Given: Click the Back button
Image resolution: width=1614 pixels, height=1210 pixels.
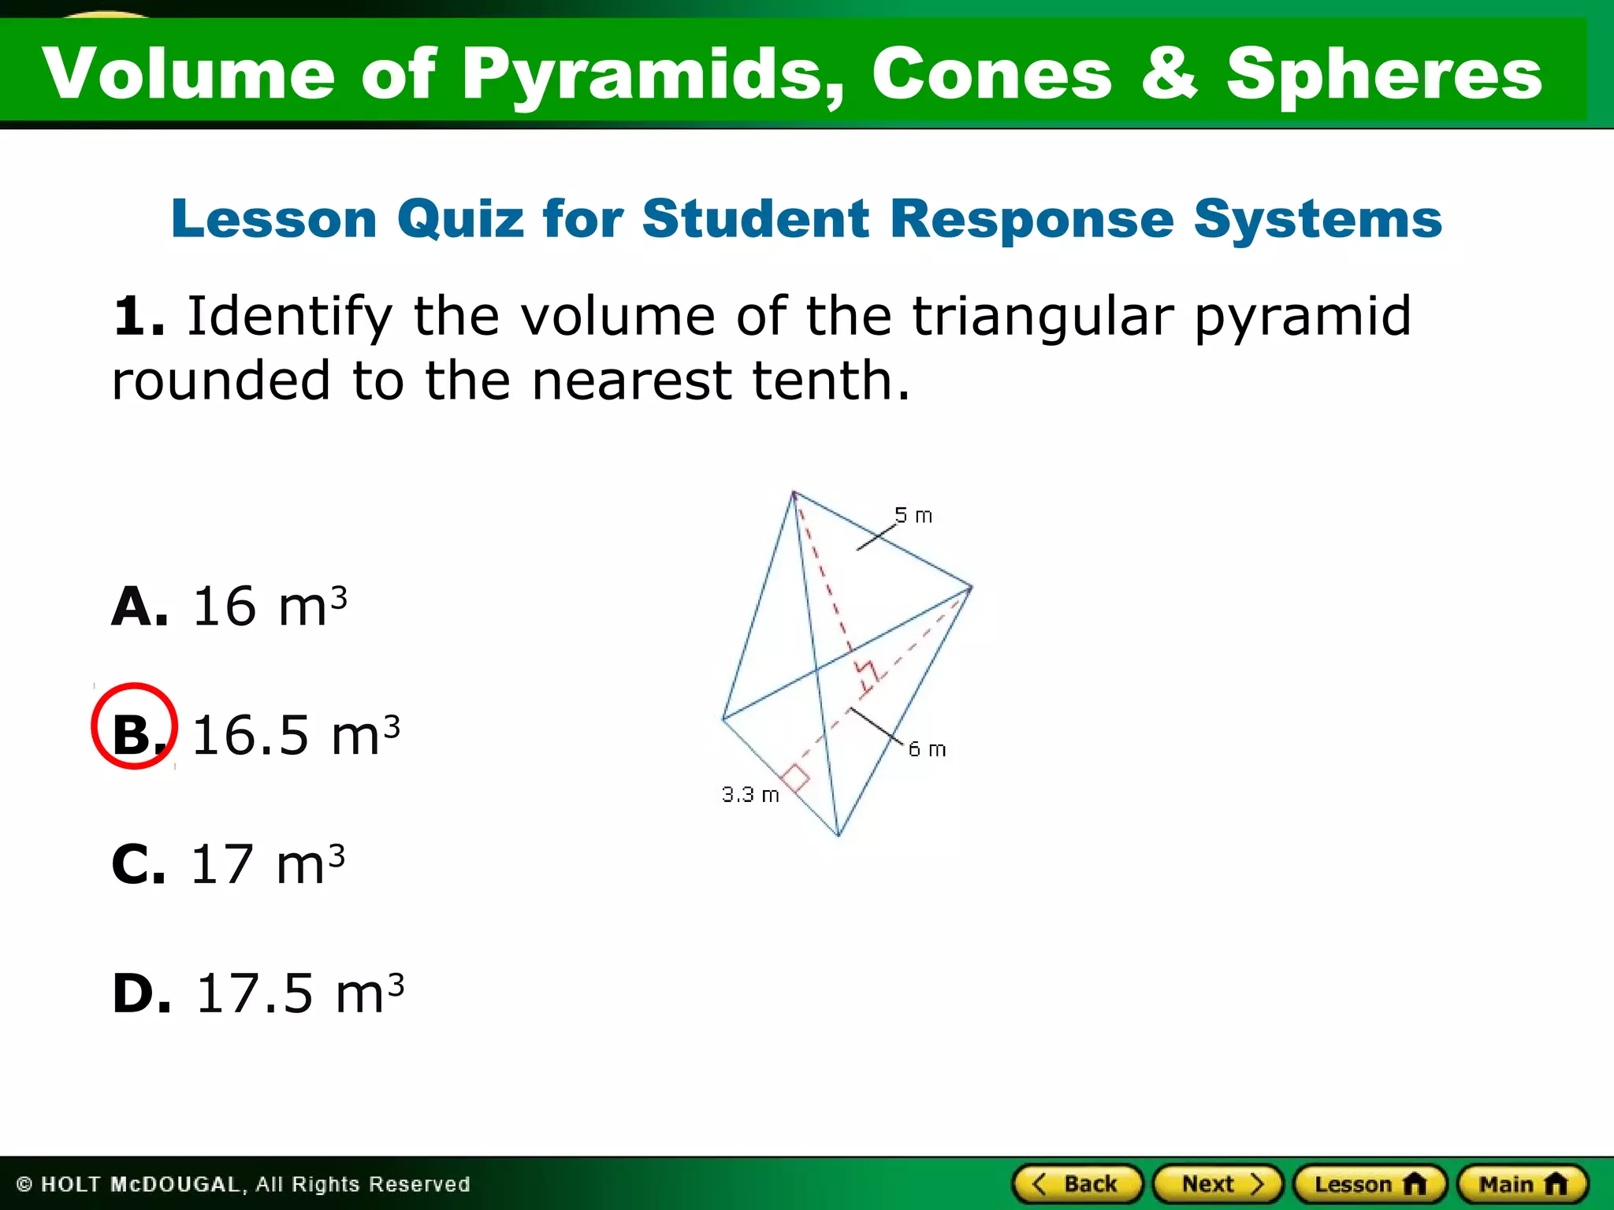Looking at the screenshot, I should tap(1077, 1184).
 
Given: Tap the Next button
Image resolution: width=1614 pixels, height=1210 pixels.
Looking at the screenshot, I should tap(1218, 1184).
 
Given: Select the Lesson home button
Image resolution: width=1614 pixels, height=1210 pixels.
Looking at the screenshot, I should tap(1370, 1184).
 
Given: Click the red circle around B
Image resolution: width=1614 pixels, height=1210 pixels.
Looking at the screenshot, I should tap(135, 726).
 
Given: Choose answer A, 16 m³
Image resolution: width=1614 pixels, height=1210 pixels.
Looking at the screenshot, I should tap(229, 606).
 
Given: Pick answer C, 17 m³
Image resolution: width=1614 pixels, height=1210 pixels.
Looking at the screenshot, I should tap(229, 863).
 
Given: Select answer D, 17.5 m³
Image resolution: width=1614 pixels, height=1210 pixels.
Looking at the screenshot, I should tap(258, 993).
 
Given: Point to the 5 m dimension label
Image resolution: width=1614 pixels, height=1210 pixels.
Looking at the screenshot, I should tap(913, 516).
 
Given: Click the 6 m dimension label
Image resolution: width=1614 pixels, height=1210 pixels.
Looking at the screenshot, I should tap(927, 749).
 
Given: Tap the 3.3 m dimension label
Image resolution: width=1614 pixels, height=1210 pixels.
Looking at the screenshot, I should tap(750, 795).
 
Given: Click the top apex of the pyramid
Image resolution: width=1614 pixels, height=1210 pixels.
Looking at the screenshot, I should tap(794, 492).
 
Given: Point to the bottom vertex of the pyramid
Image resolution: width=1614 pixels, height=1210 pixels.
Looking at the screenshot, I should tap(839, 836).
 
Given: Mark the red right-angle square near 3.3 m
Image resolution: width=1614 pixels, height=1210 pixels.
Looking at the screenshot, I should tap(795, 778).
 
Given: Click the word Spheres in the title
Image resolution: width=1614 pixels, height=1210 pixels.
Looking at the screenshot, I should tap(1383, 73).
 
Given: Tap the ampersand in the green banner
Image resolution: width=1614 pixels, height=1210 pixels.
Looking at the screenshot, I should tap(1169, 73).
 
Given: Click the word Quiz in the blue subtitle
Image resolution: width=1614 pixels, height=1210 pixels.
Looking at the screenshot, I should tap(460, 218).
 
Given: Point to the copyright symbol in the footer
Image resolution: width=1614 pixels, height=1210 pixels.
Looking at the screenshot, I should tap(24, 1185).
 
